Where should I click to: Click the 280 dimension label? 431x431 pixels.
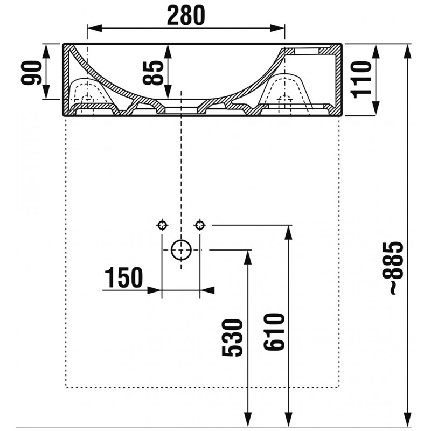coord(186,16)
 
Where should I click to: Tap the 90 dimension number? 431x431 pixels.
coord(31,73)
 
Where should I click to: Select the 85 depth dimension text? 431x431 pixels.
coord(153,72)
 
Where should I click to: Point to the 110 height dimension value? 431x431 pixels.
coord(361,80)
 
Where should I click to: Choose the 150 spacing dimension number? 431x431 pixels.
coord(124,277)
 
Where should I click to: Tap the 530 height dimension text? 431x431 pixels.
coord(232,338)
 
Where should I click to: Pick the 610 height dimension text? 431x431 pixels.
coord(274,332)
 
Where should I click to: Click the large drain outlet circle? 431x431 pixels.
coord(181,250)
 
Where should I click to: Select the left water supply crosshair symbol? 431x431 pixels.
coord(162,225)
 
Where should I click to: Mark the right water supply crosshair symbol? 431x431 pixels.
coord(200,225)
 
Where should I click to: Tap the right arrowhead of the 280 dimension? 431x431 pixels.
coord(277,28)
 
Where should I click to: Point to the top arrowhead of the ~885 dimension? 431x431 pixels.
coord(408,51)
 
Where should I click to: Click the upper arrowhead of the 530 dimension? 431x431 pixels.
coord(248,258)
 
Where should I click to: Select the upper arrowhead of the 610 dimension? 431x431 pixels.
coord(288,233)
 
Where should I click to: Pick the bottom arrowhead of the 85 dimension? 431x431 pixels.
coord(168,91)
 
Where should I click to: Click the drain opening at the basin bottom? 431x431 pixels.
coord(181,110)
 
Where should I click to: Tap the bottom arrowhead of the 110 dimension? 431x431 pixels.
coord(376,108)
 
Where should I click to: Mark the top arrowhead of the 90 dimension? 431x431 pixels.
coord(46,51)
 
